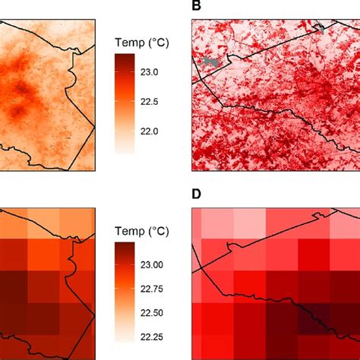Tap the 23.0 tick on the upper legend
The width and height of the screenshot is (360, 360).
(147, 72)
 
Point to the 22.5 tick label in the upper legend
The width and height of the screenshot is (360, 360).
(147, 102)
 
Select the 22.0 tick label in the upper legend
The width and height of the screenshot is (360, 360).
(147, 131)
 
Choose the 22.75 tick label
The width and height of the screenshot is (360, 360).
(150, 289)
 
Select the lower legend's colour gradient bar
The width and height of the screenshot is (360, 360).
(124, 293)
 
